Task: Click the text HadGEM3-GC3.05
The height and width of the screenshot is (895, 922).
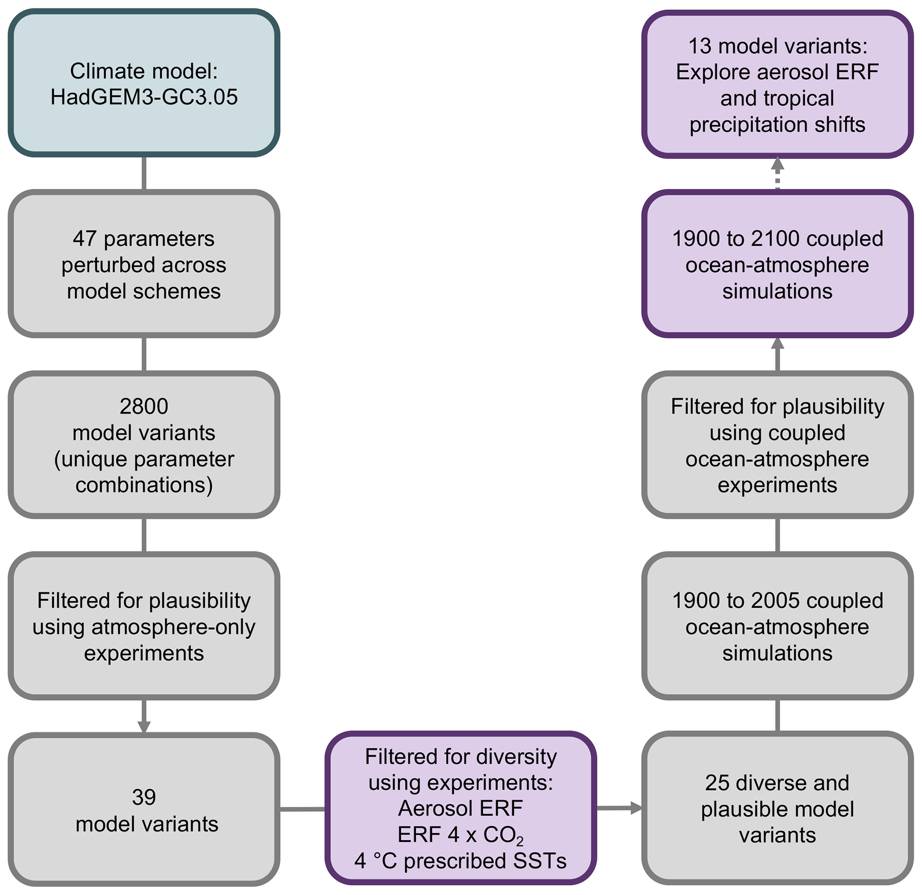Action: (x=144, y=97)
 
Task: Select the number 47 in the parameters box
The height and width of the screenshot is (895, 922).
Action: (x=85, y=239)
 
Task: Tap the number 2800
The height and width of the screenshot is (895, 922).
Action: (x=144, y=406)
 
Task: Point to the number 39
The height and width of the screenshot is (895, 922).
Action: (x=144, y=797)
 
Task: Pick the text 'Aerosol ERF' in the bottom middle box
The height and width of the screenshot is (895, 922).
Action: (x=460, y=808)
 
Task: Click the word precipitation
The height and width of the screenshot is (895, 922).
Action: (x=746, y=124)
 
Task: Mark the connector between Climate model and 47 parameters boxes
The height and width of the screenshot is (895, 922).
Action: (x=144, y=173)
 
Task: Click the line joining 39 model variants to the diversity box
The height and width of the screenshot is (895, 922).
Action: (x=302, y=809)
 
